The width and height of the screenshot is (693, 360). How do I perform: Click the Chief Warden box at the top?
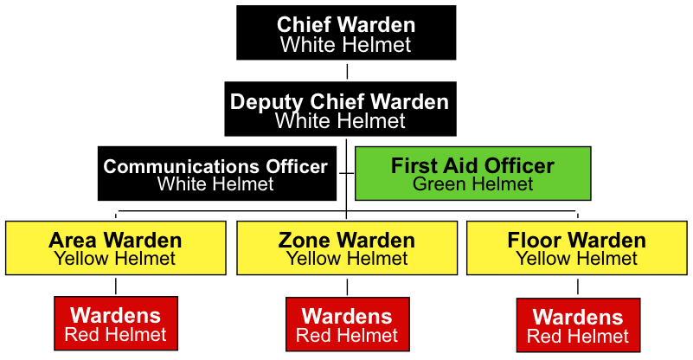(346, 33)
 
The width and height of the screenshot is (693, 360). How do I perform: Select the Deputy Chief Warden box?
(340, 109)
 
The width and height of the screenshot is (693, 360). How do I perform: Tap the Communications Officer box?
(217, 173)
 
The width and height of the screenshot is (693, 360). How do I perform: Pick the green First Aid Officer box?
(473, 173)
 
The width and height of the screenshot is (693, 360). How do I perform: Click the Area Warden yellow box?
(116, 248)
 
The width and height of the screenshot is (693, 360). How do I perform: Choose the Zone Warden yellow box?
(347, 248)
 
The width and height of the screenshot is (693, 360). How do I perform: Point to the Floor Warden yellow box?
(577, 248)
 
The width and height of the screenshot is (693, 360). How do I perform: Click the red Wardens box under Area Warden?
(116, 324)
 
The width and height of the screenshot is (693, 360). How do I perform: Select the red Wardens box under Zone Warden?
(348, 325)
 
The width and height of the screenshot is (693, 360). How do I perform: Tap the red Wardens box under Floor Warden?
(578, 325)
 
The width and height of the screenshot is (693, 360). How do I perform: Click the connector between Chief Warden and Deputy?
(347, 71)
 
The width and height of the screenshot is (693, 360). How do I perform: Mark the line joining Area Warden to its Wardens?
(116, 286)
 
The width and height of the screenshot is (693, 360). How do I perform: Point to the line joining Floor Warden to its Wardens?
(578, 287)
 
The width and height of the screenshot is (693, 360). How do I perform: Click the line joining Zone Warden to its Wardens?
(347, 286)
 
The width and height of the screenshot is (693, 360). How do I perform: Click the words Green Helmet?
(473, 184)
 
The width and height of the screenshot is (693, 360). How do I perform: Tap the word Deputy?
(266, 102)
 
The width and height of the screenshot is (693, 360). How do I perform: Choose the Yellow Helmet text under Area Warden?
(115, 259)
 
